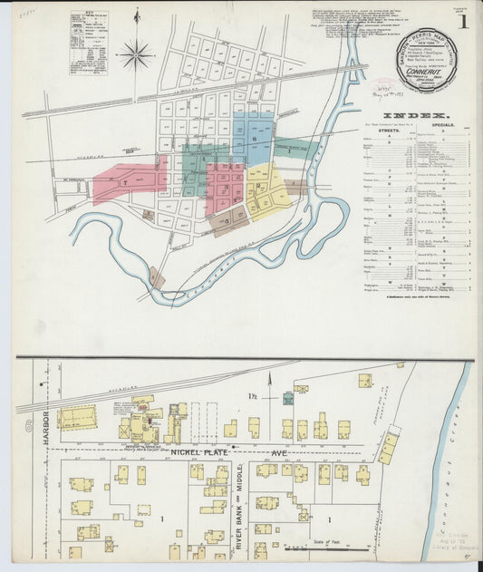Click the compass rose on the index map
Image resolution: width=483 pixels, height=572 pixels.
click(x=137, y=55)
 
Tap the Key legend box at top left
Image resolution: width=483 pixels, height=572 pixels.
click(x=89, y=40)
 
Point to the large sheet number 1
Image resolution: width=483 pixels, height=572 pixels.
click(x=462, y=22)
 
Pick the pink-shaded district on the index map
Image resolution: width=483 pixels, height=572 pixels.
click(x=127, y=179)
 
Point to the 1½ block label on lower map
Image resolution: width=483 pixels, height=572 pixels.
click(x=256, y=398)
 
